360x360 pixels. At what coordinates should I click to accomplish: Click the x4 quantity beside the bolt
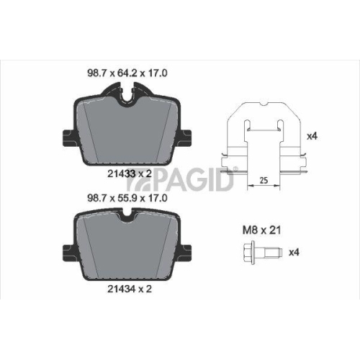[294, 253]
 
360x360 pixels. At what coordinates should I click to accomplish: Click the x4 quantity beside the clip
[311, 135]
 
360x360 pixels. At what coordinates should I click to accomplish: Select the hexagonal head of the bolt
[248, 253]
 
